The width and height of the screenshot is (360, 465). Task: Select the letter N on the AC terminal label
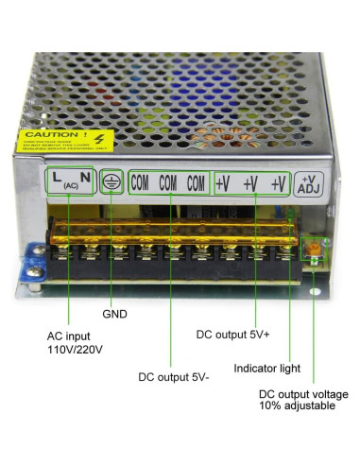coord(84,177)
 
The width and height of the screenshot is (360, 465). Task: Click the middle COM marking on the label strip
coord(169,181)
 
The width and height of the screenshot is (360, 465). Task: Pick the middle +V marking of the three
coord(249,183)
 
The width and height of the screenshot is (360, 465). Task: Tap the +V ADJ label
coord(310,183)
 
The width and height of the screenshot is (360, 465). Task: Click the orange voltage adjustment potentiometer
coord(313,249)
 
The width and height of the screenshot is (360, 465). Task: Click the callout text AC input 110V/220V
coord(76,342)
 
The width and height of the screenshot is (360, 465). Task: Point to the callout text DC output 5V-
coord(173,377)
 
